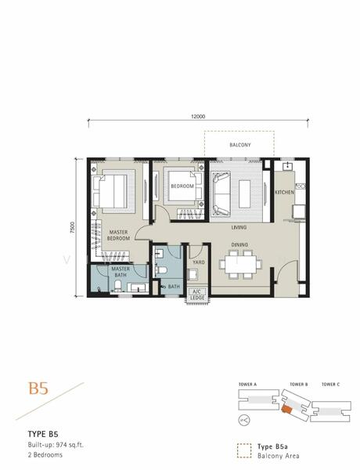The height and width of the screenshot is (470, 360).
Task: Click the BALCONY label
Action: pyautogui.click(x=240, y=145)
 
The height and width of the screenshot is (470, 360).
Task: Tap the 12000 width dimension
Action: pyautogui.click(x=198, y=116)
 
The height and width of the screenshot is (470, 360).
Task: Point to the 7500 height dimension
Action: pyautogui.click(x=72, y=227)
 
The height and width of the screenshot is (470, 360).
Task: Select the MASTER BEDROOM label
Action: pyautogui.click(x=118, y=235)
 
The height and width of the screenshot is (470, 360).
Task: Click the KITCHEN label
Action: pyautogui.click(x=285, y=192)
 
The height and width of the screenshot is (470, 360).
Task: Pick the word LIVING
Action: pyautogui.click(x=239, y=227)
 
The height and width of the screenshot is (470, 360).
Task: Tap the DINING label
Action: pyautogui.click(x=239, y=244)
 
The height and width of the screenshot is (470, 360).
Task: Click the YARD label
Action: pyautogui.click(x=199, y=262)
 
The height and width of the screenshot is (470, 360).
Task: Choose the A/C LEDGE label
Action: pyautogui.click(x=197, y=295)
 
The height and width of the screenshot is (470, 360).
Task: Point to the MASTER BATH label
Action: pyautogui.click(x=121, y=272)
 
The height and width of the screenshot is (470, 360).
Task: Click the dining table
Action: pyautogui.click(x=241, y=264)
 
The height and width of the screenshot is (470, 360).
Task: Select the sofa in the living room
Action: pyautogui.click(x=221, y=193)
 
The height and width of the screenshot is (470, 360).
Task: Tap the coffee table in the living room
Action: pyautogui.click(x=245, y=193)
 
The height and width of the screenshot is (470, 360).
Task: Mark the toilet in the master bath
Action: pyautogui.click(x=117, y=286)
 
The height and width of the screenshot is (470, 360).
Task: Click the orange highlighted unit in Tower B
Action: pyautogui.click(x=286, y=409)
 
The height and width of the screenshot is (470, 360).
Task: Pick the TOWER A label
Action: pyautogui.click(x=247, y=385)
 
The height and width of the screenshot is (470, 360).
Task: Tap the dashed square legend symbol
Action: pyautogui.click(x=244, y=451)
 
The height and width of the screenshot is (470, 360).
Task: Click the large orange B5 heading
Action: pyautogui.click(x=38, y=389)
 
